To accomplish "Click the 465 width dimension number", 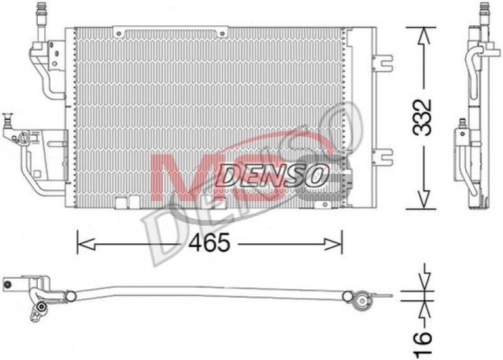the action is coord(209,242).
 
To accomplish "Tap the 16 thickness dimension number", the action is coord(422,345).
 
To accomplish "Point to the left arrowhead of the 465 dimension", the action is coord(86,244).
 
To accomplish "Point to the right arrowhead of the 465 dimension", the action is coord(333,244).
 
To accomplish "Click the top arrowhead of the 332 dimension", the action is coord(423,35).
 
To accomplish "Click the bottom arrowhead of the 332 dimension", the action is coord(423,200).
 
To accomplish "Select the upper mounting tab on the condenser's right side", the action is coord(383,62).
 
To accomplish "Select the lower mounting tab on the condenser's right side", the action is coord(383,156).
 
